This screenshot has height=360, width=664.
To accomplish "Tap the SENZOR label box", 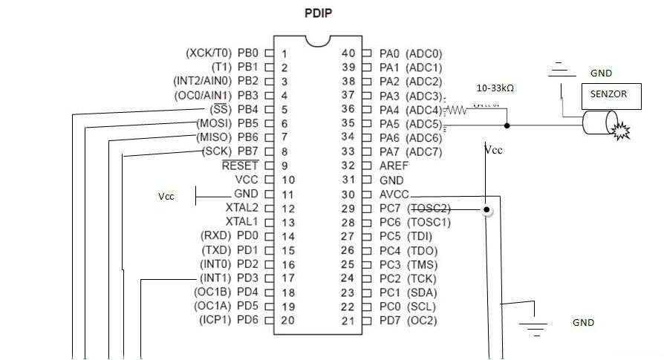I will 608,95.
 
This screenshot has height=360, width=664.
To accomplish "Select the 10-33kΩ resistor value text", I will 495,88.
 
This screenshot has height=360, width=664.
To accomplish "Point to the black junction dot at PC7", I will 486,210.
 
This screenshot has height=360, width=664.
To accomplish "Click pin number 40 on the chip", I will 348,53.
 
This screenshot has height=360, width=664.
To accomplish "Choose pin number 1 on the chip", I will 284,53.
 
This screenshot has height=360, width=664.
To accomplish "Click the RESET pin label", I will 240,166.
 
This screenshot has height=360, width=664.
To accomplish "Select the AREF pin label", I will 393,166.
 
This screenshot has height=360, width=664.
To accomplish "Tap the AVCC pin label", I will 394,194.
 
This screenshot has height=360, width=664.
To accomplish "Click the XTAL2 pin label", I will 242,208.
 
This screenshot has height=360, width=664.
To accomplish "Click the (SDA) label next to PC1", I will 422,292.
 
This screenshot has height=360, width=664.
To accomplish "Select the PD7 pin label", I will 389,321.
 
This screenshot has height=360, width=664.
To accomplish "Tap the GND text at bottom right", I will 583,323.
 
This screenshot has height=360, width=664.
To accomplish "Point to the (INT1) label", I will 216,278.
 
